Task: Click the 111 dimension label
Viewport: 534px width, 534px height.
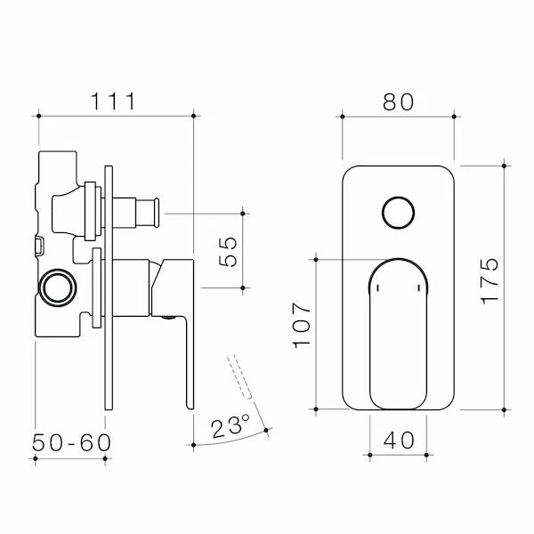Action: (x=113, y=101)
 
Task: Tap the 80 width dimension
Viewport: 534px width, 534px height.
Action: (x=398, y=101)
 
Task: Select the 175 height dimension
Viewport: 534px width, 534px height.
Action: (x=489, y=281)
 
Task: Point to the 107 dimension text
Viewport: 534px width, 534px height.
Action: (x=302, y=325)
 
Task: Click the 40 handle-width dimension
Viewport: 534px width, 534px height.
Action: (x=399, y=440)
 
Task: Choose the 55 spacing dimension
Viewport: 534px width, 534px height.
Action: (x=228, y=251)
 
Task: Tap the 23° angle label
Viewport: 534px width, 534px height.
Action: (x=231, y=426)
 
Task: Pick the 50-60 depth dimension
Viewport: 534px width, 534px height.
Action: (x=71, y=442)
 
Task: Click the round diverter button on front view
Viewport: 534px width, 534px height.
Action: (x=398, y=213)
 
